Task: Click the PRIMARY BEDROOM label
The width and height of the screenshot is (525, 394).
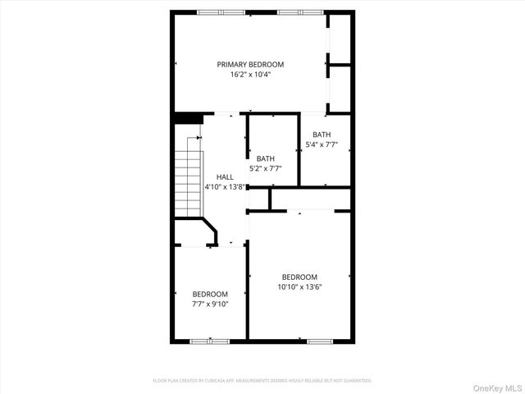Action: pos(250,64)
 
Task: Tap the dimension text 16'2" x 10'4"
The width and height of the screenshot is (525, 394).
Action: pos(250,74)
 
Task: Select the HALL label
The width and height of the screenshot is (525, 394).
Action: pos(225,176)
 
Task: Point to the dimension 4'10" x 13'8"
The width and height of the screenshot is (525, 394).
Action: pos(225,186)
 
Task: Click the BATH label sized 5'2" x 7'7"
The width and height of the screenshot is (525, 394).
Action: pos(266,158)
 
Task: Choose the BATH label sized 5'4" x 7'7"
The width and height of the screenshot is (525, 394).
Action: pos(322,135)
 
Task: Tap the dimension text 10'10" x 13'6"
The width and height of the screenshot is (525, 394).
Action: pos(299,287)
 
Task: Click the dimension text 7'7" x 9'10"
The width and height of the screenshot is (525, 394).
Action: pos(210,304)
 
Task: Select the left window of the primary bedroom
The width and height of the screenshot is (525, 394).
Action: pos(221,12)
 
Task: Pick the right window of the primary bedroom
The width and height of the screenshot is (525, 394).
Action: pos(299,12)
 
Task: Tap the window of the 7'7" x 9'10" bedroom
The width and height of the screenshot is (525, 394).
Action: pos(208,340)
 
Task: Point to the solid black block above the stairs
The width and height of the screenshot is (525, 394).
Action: pos(188,117)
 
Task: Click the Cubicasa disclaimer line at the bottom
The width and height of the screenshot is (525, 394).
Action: pos(262,381)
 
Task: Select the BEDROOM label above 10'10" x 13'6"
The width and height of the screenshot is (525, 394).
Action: pos(299,277)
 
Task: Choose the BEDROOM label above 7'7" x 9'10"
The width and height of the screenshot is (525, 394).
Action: pos(210,294)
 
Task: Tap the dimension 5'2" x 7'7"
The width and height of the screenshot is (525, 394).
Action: pos(266,168)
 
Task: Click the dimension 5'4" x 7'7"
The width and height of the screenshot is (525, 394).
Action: pos(322,144)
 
